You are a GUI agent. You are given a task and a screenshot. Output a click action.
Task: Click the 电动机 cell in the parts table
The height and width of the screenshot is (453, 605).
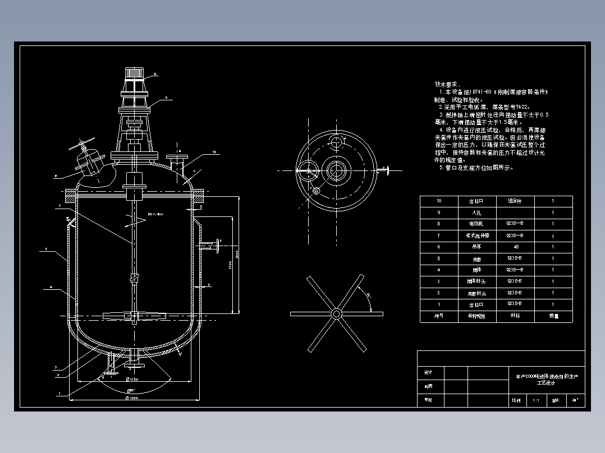[x=470, y=224]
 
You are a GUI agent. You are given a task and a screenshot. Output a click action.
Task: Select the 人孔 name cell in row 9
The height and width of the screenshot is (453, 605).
[x=470, y=213]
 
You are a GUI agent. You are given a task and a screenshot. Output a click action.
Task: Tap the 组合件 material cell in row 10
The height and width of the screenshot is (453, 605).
[x=515, y=201]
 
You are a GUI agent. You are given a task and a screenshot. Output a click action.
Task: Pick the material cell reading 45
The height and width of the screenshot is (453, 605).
[x=515, y=247]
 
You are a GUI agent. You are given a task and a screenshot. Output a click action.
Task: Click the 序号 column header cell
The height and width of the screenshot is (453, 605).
[x=439, y=316]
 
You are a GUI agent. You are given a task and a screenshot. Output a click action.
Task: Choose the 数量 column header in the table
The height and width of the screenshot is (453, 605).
[x=553, y=316]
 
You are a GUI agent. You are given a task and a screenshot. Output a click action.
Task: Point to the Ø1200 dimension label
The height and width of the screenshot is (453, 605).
[x=132, y=397]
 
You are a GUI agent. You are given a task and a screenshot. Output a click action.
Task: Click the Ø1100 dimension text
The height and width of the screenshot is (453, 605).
[x=132, y=380]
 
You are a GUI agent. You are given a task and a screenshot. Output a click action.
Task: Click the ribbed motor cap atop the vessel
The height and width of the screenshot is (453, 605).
[x=134, y=73]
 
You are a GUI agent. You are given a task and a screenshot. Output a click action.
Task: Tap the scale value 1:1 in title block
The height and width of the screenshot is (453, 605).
[x=535, y=400]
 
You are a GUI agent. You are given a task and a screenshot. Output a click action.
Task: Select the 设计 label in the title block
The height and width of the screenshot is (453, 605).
[x=428, y=372]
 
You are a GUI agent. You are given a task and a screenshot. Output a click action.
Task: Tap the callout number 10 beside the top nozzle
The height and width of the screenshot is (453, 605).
[x=214, y=152]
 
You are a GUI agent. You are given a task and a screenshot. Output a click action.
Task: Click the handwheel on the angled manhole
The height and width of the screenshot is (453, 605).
[x=84, y=144]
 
